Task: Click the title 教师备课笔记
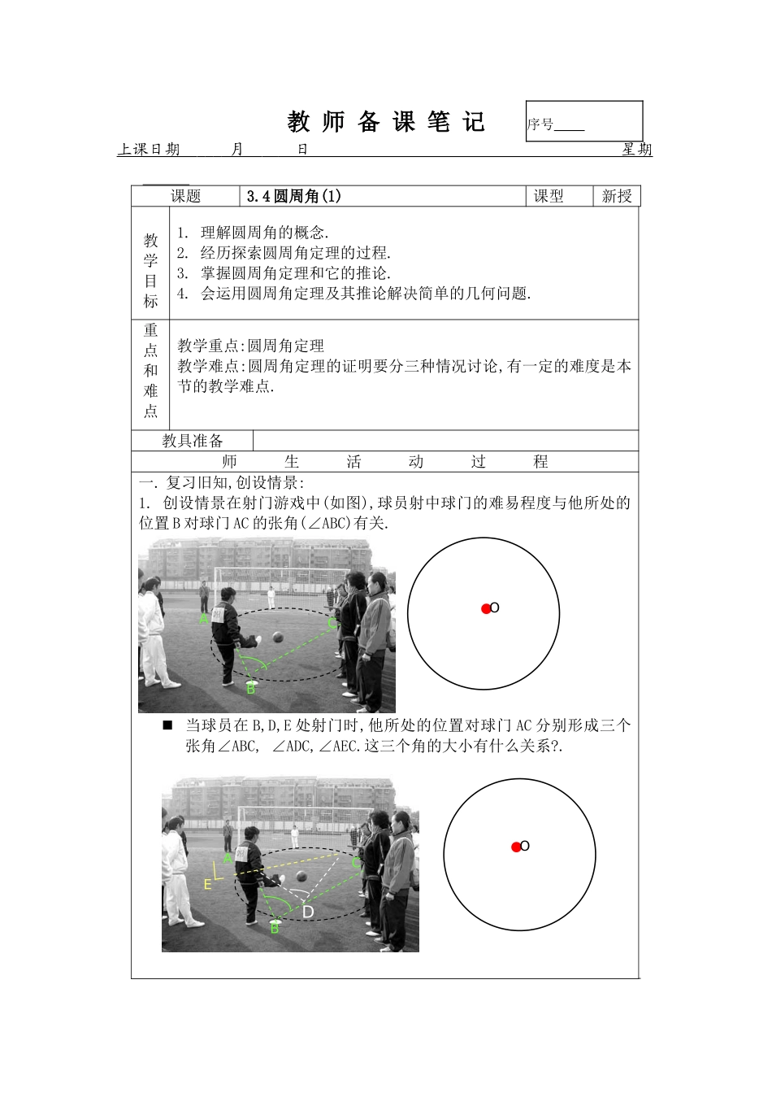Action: point(386,122)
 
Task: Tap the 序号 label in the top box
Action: point(540,124)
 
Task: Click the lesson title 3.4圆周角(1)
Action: point(294,196)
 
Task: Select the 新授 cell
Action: point(617,196)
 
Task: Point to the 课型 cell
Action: point(549,196)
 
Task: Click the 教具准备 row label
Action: point(193,441)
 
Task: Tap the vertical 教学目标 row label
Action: point(151,271)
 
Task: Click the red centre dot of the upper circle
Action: point(486,608)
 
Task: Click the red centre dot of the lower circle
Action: point(516,847)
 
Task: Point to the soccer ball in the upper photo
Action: point(278,637)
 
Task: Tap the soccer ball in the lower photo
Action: point(301,876)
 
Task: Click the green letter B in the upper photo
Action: point(250,690)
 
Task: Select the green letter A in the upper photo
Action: point(203,619)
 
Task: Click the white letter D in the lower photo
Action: point(308,912)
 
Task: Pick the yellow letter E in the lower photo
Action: point(208,884)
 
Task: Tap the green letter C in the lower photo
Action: point(356,864)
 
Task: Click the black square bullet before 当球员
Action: point(168,725)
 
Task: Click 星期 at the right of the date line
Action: point(637,150)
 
